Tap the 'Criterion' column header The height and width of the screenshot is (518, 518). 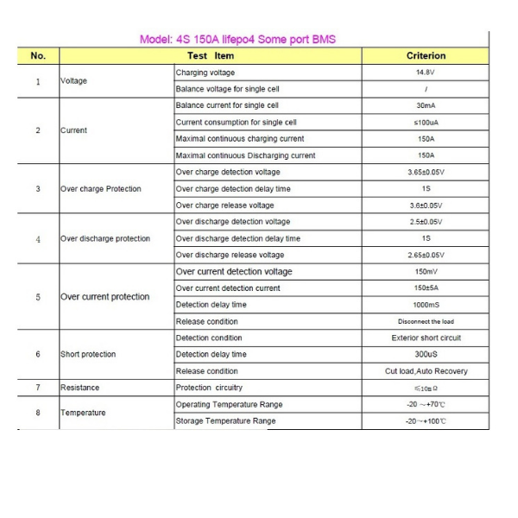[426, 56]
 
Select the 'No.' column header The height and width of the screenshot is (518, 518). [38, 56]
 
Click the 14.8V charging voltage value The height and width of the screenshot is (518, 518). [426, 73]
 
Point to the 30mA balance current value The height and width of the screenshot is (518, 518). [426, 105]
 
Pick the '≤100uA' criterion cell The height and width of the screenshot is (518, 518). [426, 123]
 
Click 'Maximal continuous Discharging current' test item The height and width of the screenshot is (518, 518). [245, 155]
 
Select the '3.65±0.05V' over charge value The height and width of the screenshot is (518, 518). [426, 172]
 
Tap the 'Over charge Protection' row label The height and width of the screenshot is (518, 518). [101, 189]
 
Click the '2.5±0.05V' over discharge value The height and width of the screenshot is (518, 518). [426, 222]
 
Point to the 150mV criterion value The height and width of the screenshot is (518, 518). [426, 272]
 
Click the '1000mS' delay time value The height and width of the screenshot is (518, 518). [426, 305]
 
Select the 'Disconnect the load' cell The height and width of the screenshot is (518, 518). [426, 322]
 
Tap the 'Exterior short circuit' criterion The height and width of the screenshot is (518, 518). [426, 338]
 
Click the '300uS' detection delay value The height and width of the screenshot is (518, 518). [426, 355]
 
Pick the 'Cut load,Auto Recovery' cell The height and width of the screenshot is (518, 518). [426, 371]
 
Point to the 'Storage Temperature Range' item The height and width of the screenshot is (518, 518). [225, 421]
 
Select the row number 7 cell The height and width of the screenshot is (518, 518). [38, 388]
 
